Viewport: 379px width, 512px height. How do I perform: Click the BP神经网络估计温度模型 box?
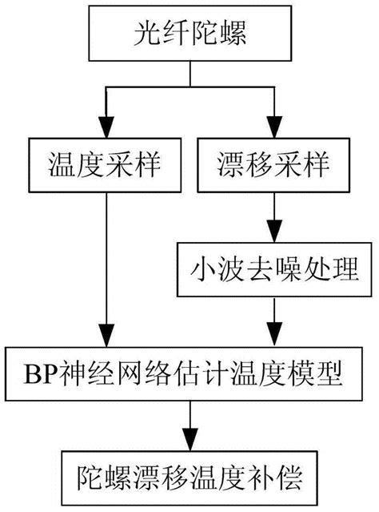click(189, 372)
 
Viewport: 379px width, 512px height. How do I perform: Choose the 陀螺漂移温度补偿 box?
click(189, 478)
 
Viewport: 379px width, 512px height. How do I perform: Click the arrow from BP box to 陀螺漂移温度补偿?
click(189, 425)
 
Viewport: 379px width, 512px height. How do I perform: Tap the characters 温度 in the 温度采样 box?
click(78, 164)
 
